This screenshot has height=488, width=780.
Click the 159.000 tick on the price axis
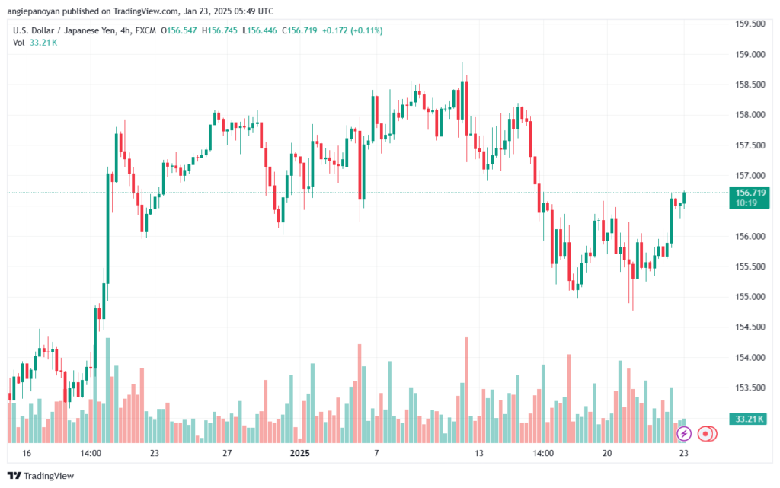[x=748, y=54]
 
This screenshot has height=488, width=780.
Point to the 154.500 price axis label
[x=748, y=327]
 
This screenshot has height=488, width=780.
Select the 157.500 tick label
[x=748, y=145]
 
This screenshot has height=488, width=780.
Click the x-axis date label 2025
[x=300, y=453]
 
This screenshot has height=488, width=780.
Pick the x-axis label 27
[x=226, y=453]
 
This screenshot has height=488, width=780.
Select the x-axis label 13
[x=479, y=453]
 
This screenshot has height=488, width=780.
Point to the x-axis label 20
[x=607, y=453]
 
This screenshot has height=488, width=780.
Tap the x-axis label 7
[x=376, y=453]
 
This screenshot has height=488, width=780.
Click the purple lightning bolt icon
[x=684, y=433]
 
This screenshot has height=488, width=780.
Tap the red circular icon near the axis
[x=706, y=433]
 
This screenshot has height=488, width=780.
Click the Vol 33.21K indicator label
[x=34, y=43]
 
